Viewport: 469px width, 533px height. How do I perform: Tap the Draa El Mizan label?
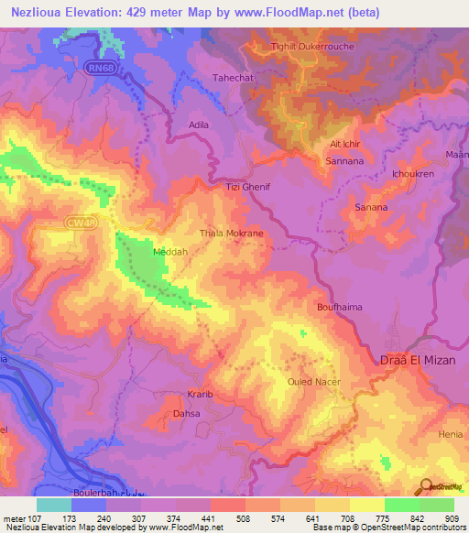(x=411, y=360)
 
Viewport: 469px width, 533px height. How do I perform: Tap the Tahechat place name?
(x=232, y=79)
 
